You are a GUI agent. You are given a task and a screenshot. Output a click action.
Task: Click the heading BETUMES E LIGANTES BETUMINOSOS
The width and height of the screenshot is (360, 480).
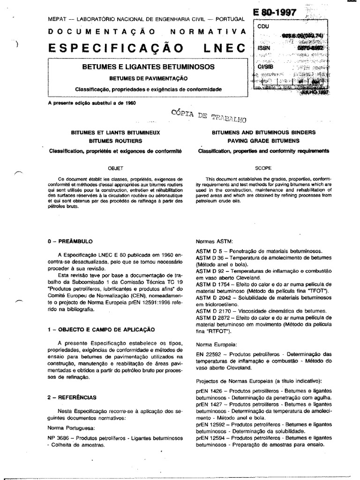(x=149, y=67)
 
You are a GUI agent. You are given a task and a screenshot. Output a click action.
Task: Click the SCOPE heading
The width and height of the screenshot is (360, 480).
(x=263, y=167)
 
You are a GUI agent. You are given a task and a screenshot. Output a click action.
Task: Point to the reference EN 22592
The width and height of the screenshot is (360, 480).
(x=208, y=354)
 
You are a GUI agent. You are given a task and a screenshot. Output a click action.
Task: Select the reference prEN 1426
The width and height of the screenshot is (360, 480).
(x=209, y=390)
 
